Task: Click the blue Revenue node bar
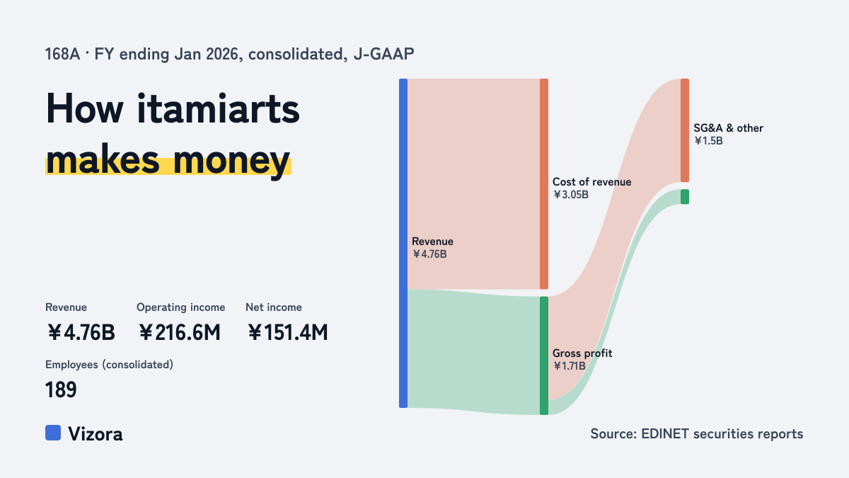click(x=403, y=243)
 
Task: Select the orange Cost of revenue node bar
click(x=544, y=184)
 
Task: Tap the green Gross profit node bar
click(x=544, y=355)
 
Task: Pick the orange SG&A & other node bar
click(x=685, y=130)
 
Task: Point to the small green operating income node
click(x=685, y=197)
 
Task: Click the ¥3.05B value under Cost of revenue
click(x=571, y=195)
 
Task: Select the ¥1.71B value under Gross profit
click(x=570, y=365)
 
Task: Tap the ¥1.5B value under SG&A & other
click(x=708, y=141)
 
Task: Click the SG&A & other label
click(x=728, y=128)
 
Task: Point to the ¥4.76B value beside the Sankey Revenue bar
click(x=429, y=254)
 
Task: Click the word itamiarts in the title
click(x=218, y=109)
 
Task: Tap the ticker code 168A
click(x=62, y=54)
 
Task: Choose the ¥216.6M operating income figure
click(x=180, y=332)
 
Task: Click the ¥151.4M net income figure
click(x=288, y=332)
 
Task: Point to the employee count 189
click(x=61, y=389)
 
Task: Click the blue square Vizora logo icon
click(x=53, y=433)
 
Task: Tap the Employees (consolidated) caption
click(x=109, y=365)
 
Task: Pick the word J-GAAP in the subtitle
click(x=383, y=54)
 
